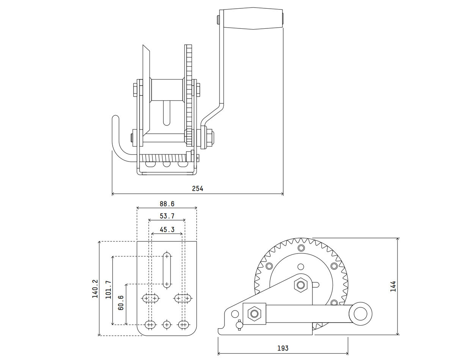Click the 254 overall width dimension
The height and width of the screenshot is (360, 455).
(197, 188)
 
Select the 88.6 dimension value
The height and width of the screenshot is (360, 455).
(167, 204)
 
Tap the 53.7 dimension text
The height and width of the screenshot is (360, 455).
(167, 216)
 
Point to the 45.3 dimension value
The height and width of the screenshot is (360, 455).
(167, 229)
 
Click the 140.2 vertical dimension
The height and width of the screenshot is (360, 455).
(95, 289)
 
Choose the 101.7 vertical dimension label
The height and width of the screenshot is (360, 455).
(108, 290)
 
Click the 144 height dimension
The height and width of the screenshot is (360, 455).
(393, 286)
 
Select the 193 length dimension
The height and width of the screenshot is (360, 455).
(283, 348)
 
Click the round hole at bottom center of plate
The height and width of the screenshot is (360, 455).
(166, 324)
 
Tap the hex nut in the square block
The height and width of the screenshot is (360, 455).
(254, 314)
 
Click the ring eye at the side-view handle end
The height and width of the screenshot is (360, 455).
(361, 314)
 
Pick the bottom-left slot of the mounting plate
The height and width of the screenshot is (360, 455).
(150, 324)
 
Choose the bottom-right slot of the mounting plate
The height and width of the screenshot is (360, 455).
(184, 324)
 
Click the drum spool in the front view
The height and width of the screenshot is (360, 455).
(167, 90)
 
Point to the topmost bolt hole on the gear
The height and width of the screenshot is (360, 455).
(301, 248)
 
